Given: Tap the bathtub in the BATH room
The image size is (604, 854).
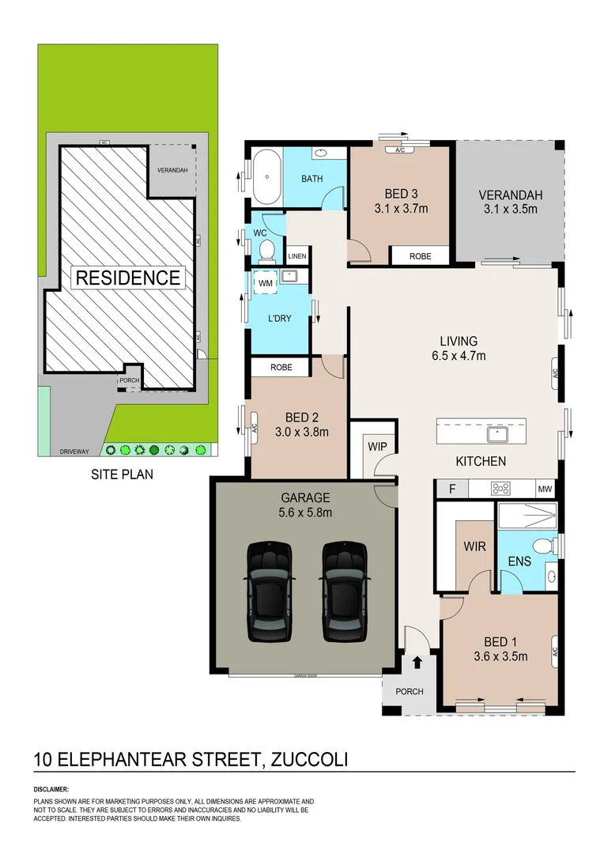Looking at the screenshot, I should (266, 178).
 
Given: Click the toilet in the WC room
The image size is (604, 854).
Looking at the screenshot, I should (266, 251).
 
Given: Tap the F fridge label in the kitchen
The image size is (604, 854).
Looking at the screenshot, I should (451, 489).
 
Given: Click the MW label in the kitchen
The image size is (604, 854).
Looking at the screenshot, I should (545, 489).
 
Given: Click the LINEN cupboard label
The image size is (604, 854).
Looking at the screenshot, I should (296, 256).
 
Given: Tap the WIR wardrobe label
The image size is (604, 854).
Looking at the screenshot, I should (475, 546).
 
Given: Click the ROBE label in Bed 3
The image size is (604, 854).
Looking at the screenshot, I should (419, 256).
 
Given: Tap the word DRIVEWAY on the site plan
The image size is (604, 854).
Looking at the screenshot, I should (74, 452).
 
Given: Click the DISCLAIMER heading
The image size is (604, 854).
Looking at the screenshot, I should (51, 789).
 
